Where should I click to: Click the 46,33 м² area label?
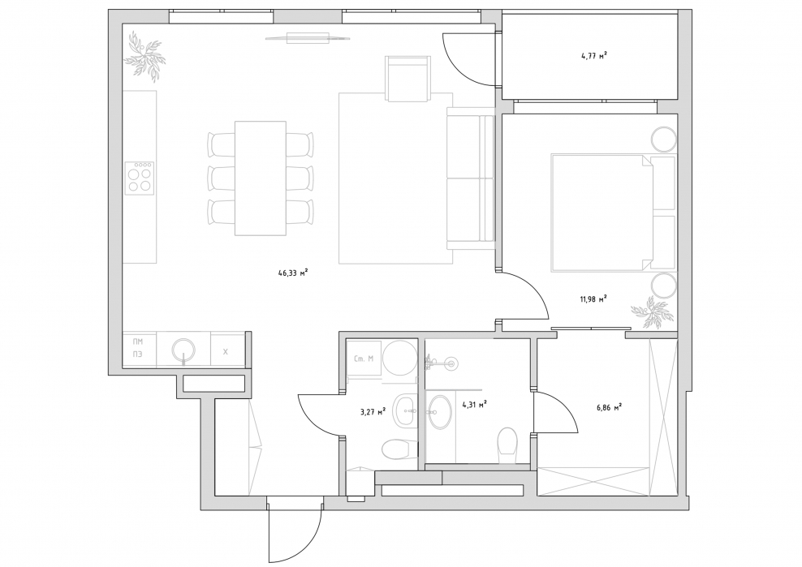tap(292, 273)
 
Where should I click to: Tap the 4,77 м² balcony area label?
tap(594, 56)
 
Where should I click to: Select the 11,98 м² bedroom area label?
tap(593, 299)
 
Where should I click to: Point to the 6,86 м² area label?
tap(609, 408)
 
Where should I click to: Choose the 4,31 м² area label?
tap(474, 405)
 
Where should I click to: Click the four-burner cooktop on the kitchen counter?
tap(140, 177)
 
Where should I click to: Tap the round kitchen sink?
tap(183, 350)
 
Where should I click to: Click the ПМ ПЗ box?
tap(138, 349)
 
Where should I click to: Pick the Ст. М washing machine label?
tap(364, 359)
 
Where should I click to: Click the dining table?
tap(261, 178)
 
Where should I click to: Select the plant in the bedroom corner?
tap(649, 312)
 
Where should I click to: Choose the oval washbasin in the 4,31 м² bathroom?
tap(439, 412)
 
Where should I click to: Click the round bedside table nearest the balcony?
tap(663, 139)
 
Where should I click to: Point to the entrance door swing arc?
tap(310, 544)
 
